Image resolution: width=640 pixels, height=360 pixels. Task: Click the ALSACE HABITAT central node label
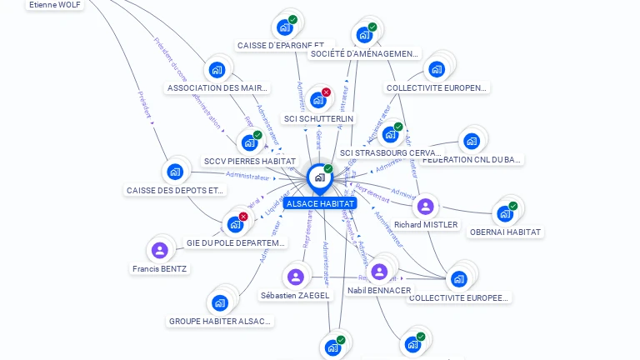(320, 203)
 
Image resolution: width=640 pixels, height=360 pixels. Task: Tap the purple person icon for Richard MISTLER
(426, 206)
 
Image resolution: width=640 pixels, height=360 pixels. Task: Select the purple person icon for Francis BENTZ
(160, 250)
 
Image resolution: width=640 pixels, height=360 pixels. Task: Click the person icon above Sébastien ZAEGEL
(295, 277)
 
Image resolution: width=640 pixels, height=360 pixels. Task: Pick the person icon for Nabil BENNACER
(379, 272)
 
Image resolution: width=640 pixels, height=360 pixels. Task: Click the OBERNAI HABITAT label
(505, 232)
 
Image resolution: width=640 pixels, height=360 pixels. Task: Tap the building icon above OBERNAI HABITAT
(503, 213)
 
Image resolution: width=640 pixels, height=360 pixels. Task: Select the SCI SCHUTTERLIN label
(318, 118)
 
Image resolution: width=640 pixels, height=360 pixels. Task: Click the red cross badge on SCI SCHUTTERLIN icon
(326, 92)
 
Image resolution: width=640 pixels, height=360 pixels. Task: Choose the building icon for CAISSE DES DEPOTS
(174, 172)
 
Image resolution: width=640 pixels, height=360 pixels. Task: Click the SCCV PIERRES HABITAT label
(249, 161)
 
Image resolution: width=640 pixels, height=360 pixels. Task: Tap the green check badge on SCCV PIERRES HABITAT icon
(257, 135)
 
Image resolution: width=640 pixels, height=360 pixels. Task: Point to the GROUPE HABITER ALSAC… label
(220, 321)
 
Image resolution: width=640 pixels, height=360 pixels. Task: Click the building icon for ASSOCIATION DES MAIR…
(217, 70)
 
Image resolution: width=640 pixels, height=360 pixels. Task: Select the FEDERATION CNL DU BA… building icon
(472, 141)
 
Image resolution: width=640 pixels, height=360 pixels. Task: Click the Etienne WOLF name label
(55, 5)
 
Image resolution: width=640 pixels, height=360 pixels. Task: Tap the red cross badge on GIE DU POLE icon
(243, 217)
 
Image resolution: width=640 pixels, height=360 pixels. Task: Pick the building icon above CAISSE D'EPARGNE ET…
(285, 27)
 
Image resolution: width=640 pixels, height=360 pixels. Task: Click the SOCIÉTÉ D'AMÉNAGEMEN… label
(364, 54)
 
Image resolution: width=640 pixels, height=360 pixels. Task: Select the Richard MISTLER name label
(426, 224)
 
